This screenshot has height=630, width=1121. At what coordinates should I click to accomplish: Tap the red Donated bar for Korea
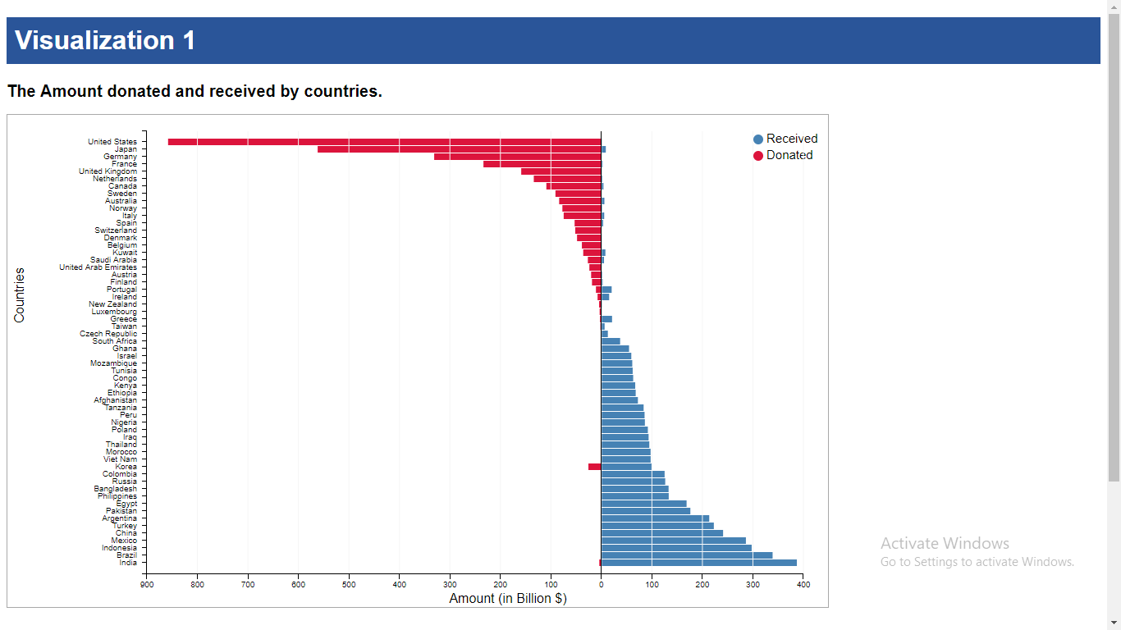[594, 467]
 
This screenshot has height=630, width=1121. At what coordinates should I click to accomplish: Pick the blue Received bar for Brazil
[687, 555]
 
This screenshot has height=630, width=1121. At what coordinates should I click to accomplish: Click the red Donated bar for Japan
[459, 149]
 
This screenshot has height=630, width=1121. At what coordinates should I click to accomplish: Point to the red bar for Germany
[517, 157]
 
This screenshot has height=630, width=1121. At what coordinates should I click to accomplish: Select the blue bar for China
[662, 533]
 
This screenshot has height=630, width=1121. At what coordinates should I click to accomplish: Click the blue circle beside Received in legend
[758, 139]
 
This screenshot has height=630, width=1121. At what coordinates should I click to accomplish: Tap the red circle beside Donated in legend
[758, 156]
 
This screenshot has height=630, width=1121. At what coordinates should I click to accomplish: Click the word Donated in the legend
[789, 155]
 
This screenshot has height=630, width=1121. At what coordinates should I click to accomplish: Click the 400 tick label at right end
[803, 584]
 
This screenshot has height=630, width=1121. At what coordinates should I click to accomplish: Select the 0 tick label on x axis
[601, 584]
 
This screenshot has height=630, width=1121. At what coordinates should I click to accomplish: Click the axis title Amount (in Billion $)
[507, 599]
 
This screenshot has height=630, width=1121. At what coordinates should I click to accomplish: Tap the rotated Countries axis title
[20, 294]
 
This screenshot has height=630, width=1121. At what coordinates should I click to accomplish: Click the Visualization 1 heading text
[105, 40]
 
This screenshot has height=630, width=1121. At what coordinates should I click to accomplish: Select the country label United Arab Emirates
[98, 267]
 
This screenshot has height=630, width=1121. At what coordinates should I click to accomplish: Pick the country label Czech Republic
[108, 334]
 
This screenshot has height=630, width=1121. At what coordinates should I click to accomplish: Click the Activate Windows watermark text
[945, 543]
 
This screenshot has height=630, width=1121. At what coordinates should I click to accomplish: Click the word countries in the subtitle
[341, 91]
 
